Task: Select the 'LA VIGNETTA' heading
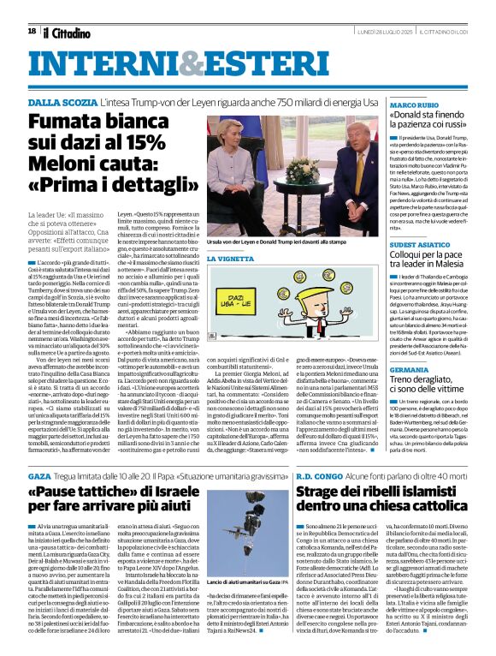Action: click(x=233, y=258)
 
